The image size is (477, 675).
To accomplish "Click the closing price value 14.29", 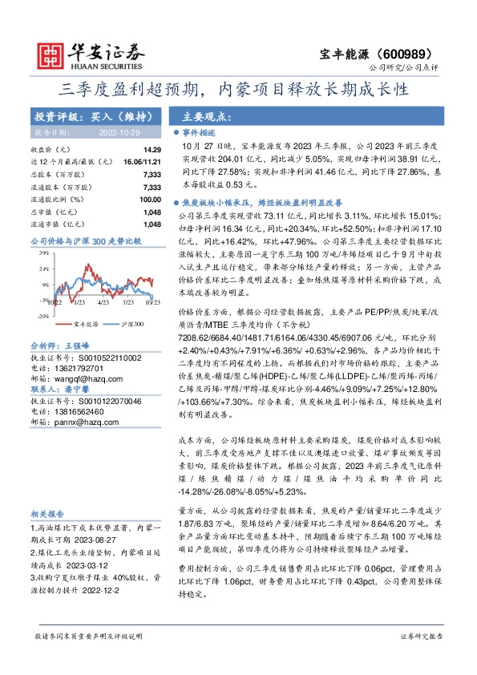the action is tap(152, 150).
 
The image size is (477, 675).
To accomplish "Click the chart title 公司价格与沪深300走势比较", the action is tap(85, 240).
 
